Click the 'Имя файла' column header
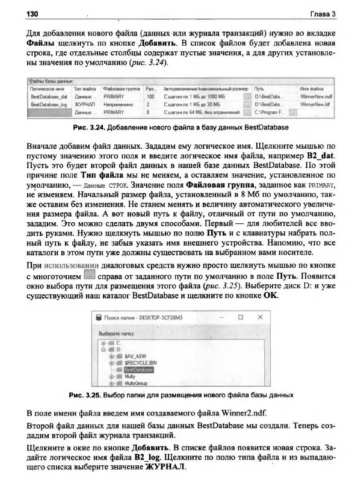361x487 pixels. pyautogui.click(x=312, y=88)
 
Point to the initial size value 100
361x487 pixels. pyautogui.click(x=150, y=96)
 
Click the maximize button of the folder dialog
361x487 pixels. pyautogui.click(x=240, y=317)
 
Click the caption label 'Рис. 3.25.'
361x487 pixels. pyautogui.click(x=84, y=395)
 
